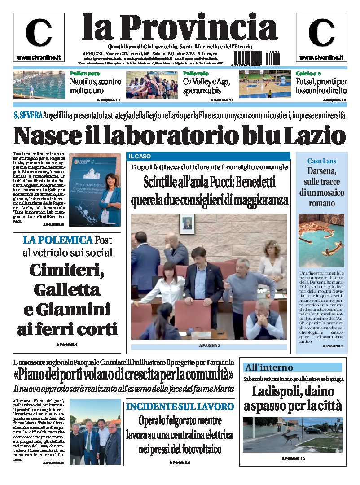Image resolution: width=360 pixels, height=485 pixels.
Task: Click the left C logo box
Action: pos(39,38)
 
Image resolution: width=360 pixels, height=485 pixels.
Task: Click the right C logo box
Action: pos(321,38)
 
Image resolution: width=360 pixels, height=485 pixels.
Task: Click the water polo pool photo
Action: pos(39,84)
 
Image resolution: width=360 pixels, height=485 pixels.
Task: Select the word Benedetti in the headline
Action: pos(255,183)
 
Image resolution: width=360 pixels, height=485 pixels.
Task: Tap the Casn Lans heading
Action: pos(321,161)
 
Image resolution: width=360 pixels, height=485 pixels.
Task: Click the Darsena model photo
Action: pos(321,240)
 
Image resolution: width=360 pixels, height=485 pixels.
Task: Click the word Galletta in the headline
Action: pos(67,289)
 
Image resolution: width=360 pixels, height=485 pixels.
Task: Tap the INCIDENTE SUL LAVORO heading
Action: pos(180,406)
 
